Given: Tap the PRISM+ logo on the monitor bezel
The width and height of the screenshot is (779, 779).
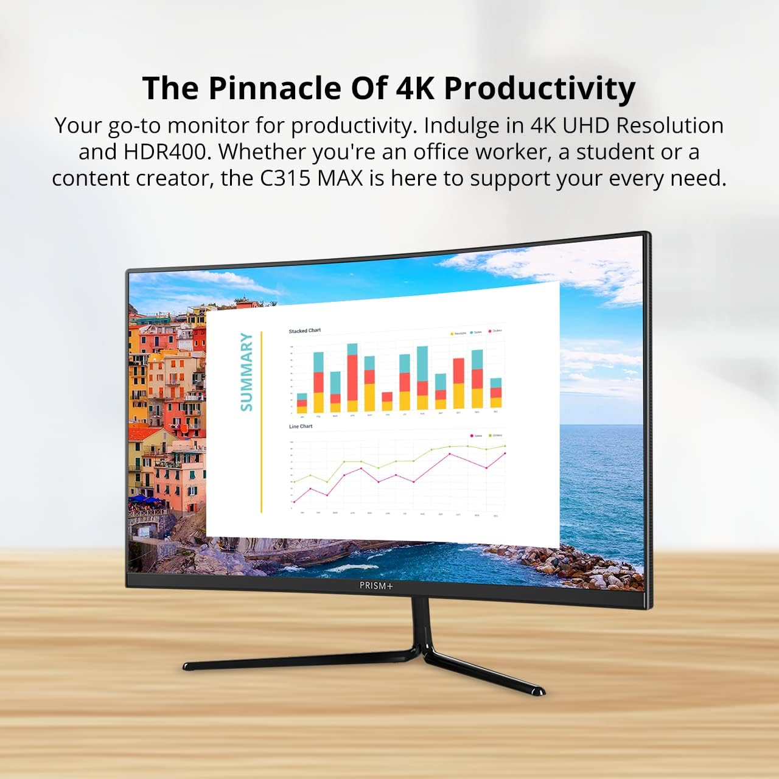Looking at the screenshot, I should pos(376,586).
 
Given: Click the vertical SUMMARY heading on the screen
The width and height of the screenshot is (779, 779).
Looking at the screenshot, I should pos(246,372).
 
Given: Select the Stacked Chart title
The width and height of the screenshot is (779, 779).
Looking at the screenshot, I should pos(304,331).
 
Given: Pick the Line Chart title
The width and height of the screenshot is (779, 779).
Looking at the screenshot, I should pos(301,427).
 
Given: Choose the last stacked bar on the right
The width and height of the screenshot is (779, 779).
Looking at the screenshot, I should pos(496,393).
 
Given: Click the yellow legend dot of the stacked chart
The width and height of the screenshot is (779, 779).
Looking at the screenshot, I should pos(452,334).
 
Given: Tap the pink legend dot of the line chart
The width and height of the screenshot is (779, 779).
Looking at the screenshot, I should pos(472,436).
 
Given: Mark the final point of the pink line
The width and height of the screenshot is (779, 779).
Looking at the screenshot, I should pos(505,453).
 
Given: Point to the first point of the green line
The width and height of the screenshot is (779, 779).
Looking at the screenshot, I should pos(294,482).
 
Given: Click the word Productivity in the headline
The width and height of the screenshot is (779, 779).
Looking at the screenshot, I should pos(540,88).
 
